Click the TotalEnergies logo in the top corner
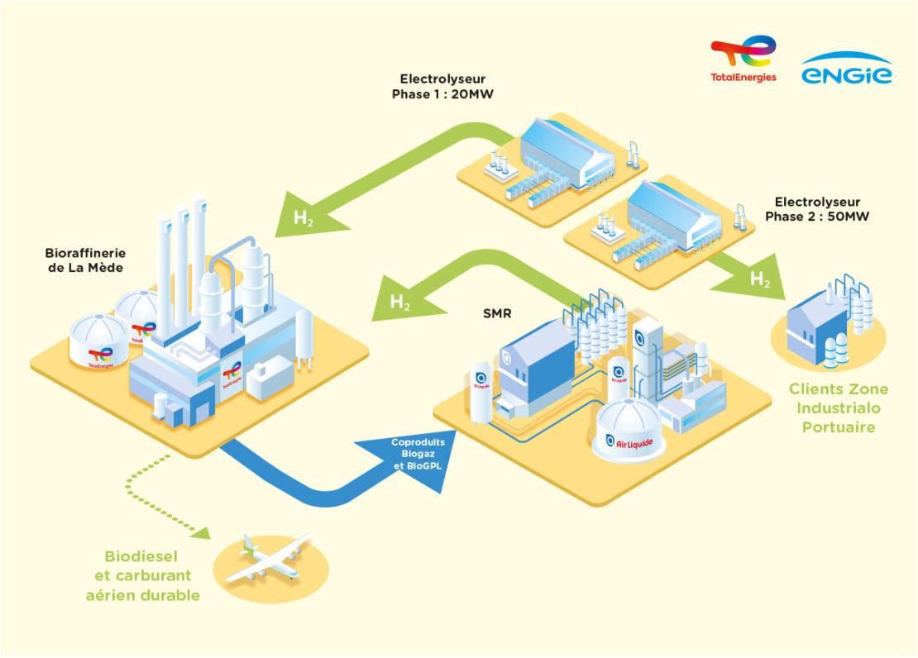coord(743,59)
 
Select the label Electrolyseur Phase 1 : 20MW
coord(442,87)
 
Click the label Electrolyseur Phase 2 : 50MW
coord(817,209)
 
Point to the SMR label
coord(497,314)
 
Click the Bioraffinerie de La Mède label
coord(85,260)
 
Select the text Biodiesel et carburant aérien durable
coord(143,575)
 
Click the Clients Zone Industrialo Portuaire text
coord(839,408)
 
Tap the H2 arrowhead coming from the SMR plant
coord(400,300)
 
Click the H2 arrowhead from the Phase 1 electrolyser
coord(308,216)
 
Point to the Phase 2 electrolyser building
coord(673,216)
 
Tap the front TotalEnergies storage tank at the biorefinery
coord(99,341)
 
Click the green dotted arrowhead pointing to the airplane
coord(202,532)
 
